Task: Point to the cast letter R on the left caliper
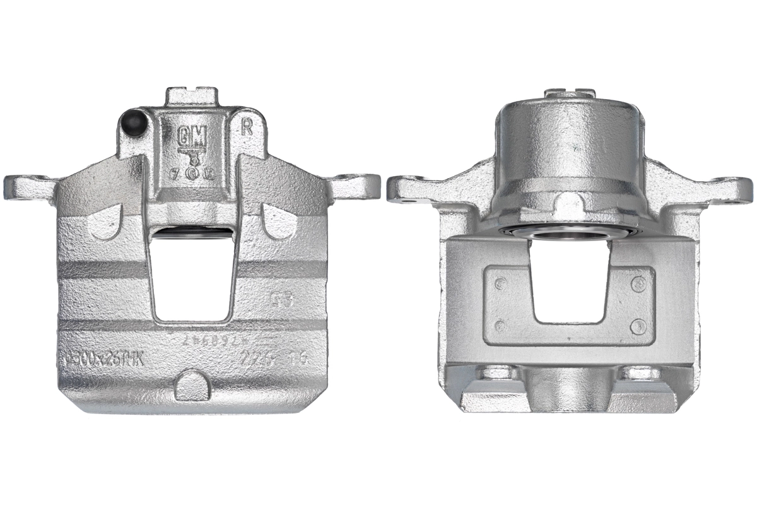point(247,127)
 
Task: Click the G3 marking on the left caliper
point(281,299)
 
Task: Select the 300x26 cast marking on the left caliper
point(104,360)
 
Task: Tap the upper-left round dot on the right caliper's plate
point(500,283)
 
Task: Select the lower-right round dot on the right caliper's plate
point(639,326)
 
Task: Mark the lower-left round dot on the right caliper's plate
point(500,326)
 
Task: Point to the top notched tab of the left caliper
point(192,97)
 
